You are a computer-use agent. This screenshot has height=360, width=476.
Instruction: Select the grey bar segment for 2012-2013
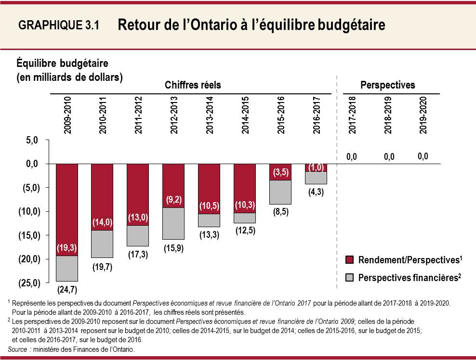click(x=173, y=223)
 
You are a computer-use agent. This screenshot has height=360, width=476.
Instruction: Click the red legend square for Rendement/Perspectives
click(x=350, y=260)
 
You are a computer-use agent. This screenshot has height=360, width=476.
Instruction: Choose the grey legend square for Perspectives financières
click(x=350, y=278)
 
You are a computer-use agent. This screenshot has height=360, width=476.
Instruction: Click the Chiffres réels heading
click(x=193, y=85)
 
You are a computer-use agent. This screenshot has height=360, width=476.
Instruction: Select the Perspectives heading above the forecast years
click(x=387, y=85)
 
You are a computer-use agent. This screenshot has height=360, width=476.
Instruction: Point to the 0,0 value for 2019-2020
click(x=423, y=156)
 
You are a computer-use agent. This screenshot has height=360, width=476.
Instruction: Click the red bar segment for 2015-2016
click(x=280, y=172)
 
